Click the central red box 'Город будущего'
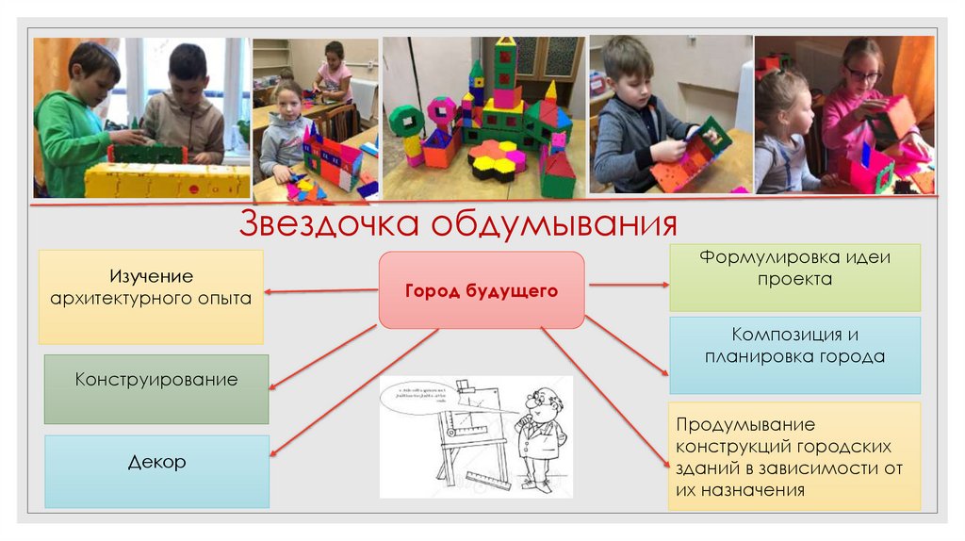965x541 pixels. [x=482, y=290]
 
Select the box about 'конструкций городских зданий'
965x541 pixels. [x=794, y=456]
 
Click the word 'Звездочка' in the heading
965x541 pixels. [x=329, y=223]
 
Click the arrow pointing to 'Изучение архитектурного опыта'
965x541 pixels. [x=320, y=291]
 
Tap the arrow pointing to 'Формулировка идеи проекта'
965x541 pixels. [x=627, y=283]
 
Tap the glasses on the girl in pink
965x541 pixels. [x=862, y=74]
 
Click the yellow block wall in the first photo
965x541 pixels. [x=166, y=180]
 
